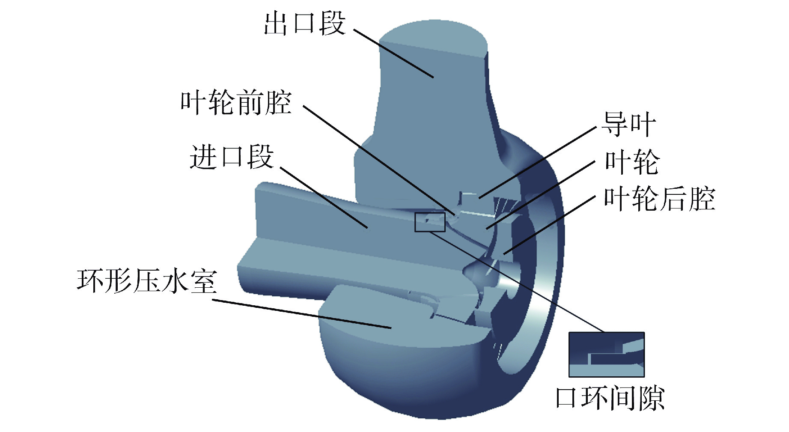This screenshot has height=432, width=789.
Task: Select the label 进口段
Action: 232,157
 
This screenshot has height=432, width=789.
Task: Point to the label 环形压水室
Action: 147,281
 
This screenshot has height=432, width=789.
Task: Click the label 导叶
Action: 628,124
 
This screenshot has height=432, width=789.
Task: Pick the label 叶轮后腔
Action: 659,199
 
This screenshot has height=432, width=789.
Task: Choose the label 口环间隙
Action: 610,398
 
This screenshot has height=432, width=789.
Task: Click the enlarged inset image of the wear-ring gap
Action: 606,355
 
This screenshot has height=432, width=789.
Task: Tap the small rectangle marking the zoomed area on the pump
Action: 430,222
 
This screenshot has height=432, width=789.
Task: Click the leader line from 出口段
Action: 393,54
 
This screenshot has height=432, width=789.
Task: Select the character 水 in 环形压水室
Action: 175,281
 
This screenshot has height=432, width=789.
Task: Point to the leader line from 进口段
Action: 324,197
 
